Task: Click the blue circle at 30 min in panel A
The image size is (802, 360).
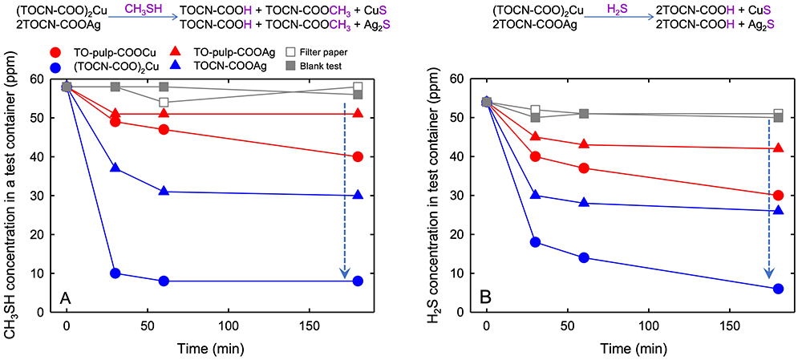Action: (x=115, y=273)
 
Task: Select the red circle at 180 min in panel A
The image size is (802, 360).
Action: (x=358, y=156)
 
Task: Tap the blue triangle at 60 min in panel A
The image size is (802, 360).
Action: (x=164, y=191)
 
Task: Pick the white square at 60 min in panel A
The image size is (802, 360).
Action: (x=164, y=103)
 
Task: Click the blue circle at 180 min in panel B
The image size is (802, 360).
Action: (x=777, y=289)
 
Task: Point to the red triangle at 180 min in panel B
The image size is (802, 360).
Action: (x=777, y=148)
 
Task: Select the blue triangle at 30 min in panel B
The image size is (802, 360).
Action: (x=535, y=195)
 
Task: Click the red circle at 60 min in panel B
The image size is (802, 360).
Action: (x=584, y=168)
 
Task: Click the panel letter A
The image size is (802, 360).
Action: (x=65, y=298)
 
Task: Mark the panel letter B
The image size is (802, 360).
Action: (x=484, y=298)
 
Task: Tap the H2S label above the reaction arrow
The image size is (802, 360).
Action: (x=587, y=6)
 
